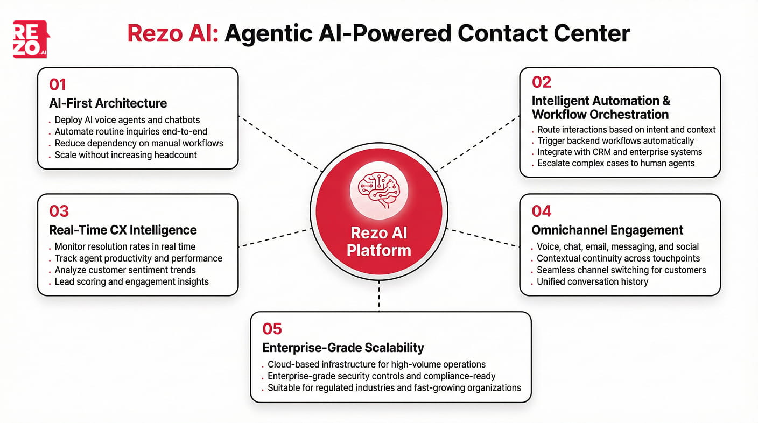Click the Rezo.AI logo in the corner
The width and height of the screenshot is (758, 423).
[30, 39]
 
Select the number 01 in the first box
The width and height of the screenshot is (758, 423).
[58, 84]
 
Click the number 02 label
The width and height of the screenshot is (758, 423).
[542, 82]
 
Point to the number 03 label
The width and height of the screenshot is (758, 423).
[59, 211]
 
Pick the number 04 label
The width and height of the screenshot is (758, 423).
[542, 211]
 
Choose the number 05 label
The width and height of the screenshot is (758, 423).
[272, 328]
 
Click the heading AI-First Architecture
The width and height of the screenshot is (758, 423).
[108, 103]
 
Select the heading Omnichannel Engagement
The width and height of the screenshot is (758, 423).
[607, 230]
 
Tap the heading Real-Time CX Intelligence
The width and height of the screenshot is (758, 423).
[123, 230]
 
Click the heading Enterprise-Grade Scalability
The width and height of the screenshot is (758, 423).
[343, 348]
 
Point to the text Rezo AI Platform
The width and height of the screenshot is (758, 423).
[379, 242]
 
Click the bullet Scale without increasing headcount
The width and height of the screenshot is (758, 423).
[126, 155]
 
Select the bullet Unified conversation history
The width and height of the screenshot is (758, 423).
[592, 281]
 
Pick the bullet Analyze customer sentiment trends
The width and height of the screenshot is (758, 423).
[125, 270]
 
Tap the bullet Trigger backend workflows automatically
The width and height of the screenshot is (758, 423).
[616, 141]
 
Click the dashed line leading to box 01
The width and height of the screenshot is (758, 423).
[280, 144]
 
